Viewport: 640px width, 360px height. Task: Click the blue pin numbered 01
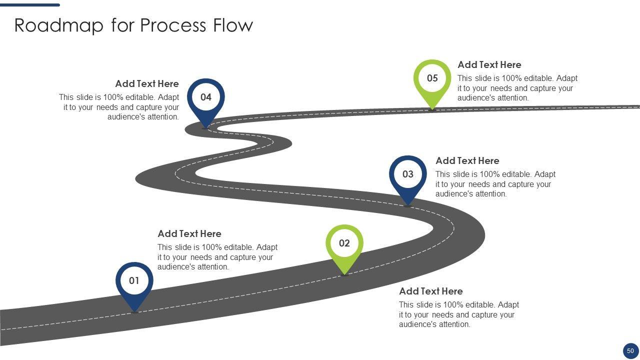pos(134,281)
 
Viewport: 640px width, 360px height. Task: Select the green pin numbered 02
pos(344,243)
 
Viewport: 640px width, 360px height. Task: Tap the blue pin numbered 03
pos(408,174)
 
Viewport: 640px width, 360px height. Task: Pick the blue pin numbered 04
pos(206,97)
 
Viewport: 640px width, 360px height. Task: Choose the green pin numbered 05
pos(432,78)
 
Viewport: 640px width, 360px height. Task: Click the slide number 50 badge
pos(630,351)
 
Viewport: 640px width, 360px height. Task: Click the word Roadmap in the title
pos(58,25)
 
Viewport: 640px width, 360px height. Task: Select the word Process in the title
pos(173,25)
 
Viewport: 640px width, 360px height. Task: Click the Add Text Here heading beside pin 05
pos(489,65)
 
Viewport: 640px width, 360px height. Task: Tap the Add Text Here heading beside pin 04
pos(147,84)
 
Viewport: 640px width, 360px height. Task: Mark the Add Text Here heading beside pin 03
pos(467,161)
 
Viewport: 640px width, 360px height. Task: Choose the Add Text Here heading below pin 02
pos(430,291)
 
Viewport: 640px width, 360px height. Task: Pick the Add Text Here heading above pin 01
pos(189,234)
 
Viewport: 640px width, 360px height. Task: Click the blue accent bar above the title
pos(30,5)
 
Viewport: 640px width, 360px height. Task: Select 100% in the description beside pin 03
pos(490,174)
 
